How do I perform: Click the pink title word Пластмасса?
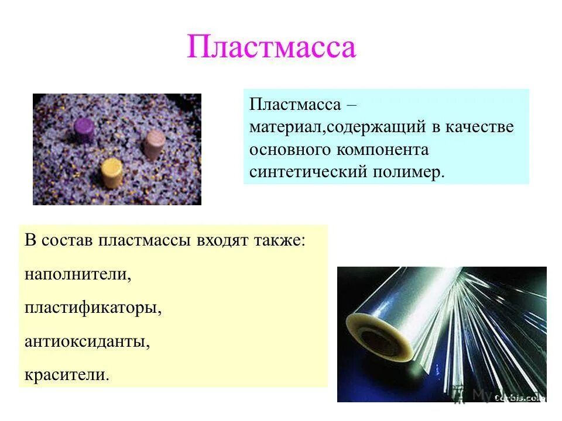271,47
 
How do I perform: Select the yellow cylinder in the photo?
111,172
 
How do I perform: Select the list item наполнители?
78,274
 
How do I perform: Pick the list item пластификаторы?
92,308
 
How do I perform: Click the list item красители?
67,374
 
